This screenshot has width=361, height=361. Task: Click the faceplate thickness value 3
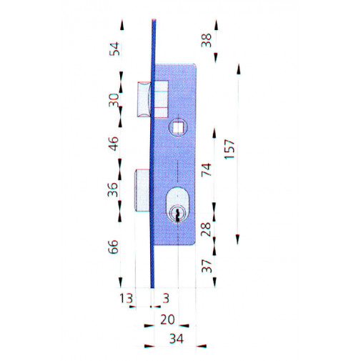coord(165,297)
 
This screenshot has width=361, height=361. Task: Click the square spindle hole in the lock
coord(176,128)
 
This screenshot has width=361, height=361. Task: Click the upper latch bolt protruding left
coord(144,99)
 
